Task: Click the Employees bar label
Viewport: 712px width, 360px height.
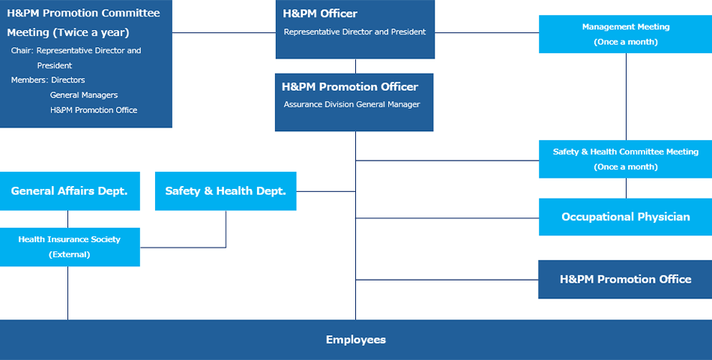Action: click(355, 340)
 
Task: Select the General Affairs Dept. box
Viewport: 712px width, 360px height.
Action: click(70, 191)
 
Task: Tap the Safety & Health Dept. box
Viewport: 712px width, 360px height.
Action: click(226, 191)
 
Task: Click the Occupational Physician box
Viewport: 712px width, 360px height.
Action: click(625, 217)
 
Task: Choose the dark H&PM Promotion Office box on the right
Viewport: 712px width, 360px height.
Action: click(625, 279)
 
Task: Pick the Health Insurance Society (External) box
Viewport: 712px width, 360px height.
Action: click(70, 247)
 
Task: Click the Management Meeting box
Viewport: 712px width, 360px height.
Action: click(625, 34)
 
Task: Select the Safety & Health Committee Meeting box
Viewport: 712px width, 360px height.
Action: click(625, 159)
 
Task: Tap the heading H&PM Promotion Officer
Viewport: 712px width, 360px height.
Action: click(350, 87)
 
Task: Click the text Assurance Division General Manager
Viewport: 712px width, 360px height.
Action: click(352, 104)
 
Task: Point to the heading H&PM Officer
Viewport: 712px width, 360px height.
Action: click(320, 13)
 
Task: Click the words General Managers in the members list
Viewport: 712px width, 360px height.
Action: click(84, 95)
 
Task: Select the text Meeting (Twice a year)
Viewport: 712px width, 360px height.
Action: click(68, 33)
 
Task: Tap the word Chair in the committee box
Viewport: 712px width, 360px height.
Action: click(21, 50)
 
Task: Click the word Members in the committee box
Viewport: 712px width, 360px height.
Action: click(28, 80)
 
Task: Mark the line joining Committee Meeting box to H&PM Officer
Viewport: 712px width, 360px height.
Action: click(224, 33)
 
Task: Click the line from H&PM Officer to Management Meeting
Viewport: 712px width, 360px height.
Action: click(486, 33)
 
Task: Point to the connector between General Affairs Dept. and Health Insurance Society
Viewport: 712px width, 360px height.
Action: click(67, 219)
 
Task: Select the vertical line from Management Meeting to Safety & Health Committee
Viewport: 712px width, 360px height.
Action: click(626, 97)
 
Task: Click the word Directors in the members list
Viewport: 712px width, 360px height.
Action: click(68, 80)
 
